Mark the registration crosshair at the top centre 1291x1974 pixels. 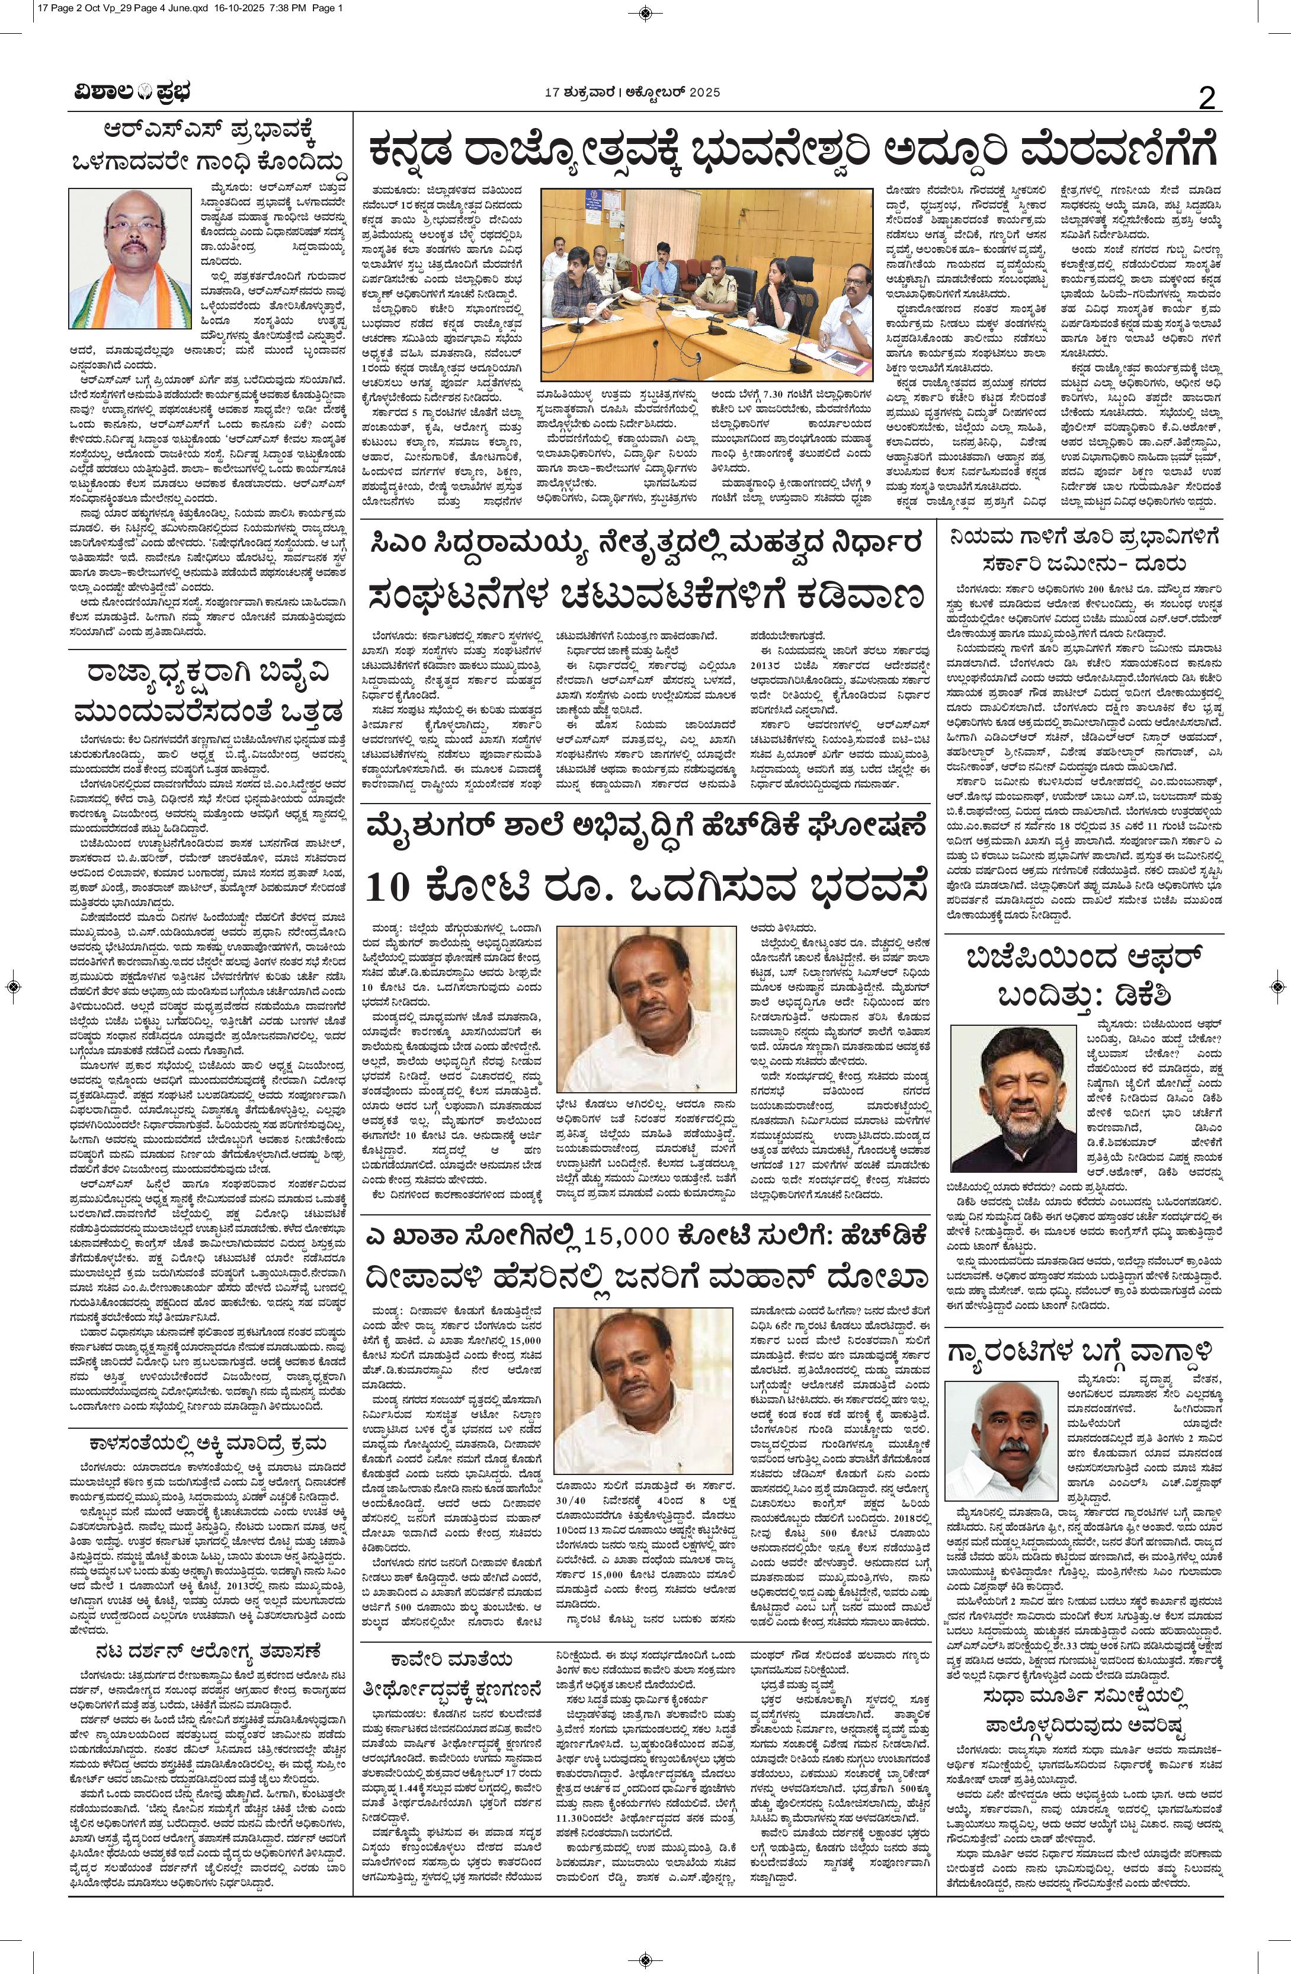click(646, 12)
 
